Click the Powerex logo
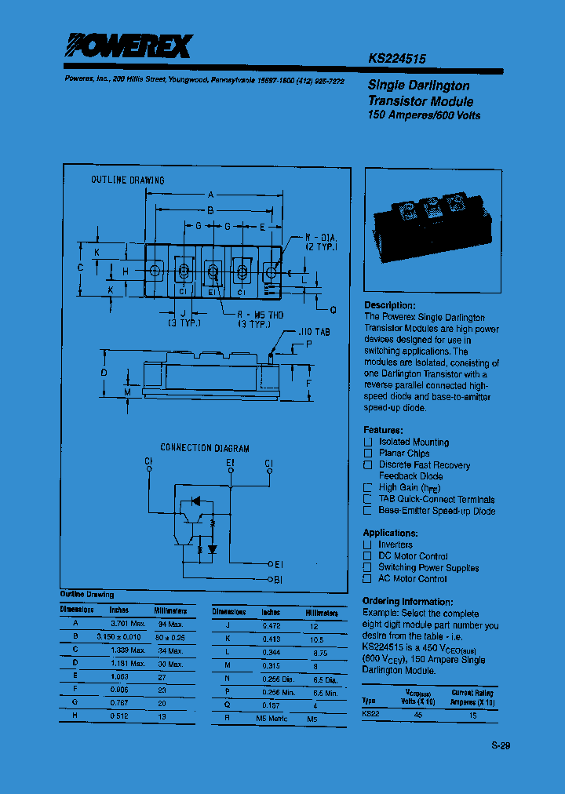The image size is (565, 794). click(x=127, y=47)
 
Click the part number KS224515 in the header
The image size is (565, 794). click(x=397, y=58)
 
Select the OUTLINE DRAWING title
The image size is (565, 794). click(x=128, y=180)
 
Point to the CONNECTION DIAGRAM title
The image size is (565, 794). click(x=205, y=448)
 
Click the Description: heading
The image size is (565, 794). click(x=390, y=305)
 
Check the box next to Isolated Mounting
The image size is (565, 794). click(x=367, y=443)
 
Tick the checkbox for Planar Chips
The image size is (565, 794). click(x=367, y=453)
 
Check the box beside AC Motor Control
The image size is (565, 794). click(x=367, y=579)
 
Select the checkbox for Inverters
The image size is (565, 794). click(x=367, y=545)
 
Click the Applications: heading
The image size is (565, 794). click(x=394, y=533)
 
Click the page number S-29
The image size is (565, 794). click(x=501, y=745)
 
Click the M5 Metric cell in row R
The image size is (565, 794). click(x=272, y=719)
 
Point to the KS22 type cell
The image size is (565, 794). click(x=370, y=714)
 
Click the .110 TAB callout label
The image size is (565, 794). click(x=315, y=333)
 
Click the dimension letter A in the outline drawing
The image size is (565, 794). click(x=210, y=195)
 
